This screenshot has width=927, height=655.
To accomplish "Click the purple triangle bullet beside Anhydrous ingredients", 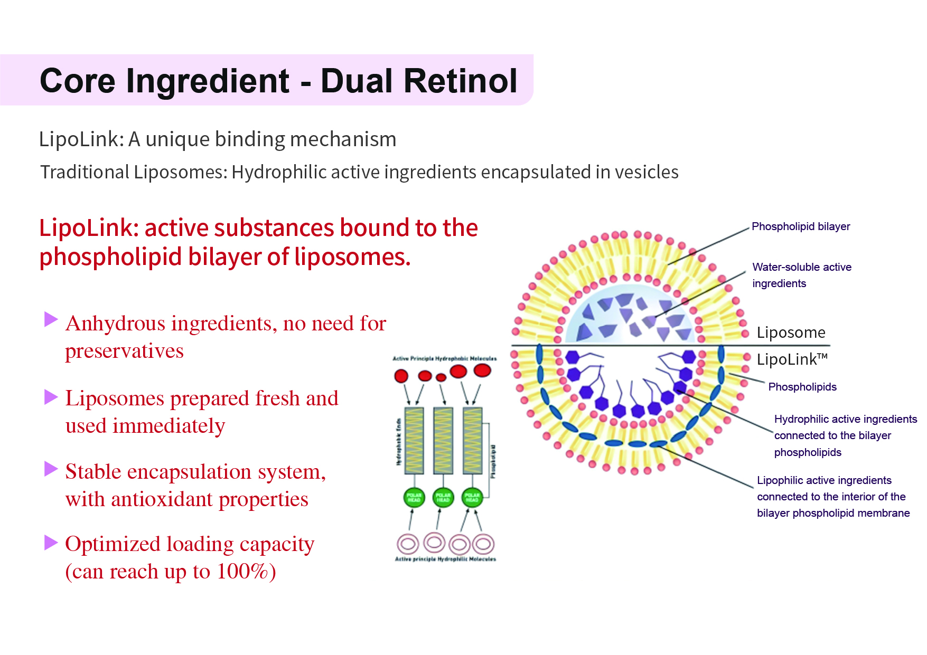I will (51, 319).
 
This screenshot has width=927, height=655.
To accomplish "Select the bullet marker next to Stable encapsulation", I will (51, 469).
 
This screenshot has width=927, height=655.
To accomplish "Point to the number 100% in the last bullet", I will (242, 571).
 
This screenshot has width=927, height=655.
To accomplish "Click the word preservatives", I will (124, 351).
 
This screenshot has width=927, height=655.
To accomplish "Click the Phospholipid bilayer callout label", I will (800, 226).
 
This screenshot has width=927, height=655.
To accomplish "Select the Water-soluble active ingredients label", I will (801, 275).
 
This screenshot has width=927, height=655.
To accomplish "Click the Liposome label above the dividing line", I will (791, 333).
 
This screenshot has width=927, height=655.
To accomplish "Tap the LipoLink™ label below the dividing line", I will (791, 359).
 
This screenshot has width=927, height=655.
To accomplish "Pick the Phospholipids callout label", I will (802, 387).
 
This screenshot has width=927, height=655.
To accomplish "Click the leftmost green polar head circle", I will (414, 497).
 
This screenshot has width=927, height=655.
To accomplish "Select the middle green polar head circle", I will (443, 497).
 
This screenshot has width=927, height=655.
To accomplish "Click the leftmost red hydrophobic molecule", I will (401, 376).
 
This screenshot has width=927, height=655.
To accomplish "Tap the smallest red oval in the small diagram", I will (441, 377).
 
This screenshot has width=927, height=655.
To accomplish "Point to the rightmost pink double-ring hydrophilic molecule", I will (483, 544).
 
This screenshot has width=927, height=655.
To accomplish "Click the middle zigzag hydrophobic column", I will (443, 441).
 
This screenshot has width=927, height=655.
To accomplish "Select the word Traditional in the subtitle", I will (85, 172).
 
